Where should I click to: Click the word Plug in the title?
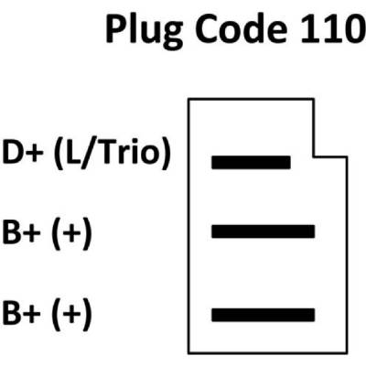click(144, 30)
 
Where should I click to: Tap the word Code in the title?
click(242, 29)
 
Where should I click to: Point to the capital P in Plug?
click(116, 29)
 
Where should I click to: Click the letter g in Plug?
click(171, 35)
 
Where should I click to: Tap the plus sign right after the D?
click(33, 153)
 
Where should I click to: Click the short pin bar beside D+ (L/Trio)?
click(251, 163)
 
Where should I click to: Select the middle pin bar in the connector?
click(263, 231)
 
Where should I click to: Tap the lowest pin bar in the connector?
click(263, 315)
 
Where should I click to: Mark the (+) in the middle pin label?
click(72, 233)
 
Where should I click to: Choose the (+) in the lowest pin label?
click(72, 314)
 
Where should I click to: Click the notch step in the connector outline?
click(314, 157)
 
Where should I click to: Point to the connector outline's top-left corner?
click(188, 99)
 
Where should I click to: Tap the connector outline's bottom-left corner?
click(188, 353)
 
